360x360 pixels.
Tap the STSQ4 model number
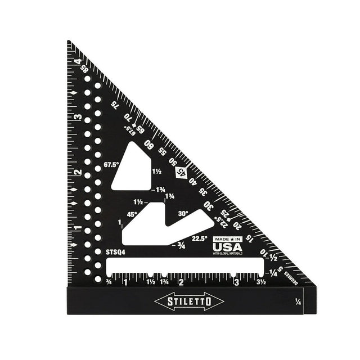pos(115,253)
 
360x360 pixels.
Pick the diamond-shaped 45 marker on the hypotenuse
pos(181,173)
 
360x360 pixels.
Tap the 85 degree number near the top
pos(85,69)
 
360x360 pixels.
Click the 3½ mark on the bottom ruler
pos(261,282)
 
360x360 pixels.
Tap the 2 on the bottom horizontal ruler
pos(181,282)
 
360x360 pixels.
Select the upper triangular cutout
pos(133,167)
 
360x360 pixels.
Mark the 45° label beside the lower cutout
pos(132,214)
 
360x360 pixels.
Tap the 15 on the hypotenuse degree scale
pos(248,238)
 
